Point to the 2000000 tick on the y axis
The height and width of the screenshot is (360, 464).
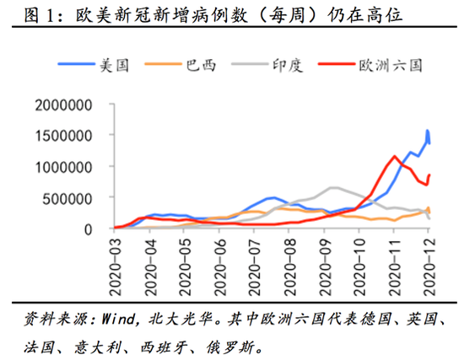coord(70,105)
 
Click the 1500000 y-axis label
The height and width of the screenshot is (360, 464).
coord(70,136)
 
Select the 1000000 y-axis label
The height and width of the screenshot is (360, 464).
coord(70,167)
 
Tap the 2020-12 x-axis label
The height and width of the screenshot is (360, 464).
coord(429,266)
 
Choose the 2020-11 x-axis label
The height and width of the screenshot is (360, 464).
coord(395,266)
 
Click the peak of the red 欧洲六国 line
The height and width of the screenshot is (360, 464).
coord(394,156)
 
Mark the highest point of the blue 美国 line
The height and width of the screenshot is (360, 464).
coord(428,131)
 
